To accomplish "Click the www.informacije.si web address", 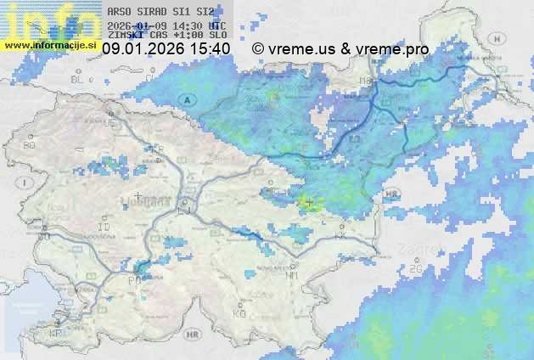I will tap(48, 44).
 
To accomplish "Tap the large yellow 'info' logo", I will tap(47, 20).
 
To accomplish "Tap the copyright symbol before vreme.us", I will tap(258, 49).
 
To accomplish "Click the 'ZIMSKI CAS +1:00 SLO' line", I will tap(167, 36).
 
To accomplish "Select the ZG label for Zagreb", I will tap(416, 268).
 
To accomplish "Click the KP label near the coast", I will tap(56, 334).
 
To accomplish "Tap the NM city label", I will tap(293, 275).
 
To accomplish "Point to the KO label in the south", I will tap(239, 313).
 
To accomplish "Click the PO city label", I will tap(133, 279).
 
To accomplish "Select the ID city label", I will tap(104, 228).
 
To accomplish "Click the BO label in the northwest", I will tap(30, 145).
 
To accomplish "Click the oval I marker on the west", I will tap(26, 183).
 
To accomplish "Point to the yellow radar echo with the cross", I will tap(308, 202).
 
